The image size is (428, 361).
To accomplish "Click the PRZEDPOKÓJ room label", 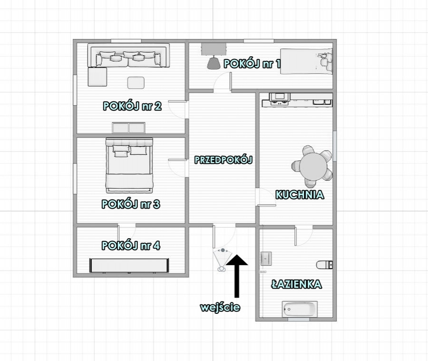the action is [224, 160].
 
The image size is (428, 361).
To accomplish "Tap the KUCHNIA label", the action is [300, 195].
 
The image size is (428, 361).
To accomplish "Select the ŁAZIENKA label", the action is [296, 284].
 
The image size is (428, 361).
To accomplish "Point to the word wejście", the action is [220, 307].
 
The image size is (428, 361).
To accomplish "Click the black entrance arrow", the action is [237, 276].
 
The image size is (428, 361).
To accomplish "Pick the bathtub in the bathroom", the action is [300, 310].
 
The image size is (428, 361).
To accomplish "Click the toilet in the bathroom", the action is [324, 264].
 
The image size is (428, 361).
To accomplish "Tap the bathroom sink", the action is [266, 259].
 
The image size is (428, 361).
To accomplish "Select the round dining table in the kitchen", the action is [313, 166].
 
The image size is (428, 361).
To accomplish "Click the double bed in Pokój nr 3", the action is [129, 165].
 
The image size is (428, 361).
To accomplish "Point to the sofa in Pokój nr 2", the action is [128, 55].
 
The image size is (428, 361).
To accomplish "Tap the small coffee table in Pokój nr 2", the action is [136, 82].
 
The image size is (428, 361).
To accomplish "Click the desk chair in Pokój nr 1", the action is [214, 63].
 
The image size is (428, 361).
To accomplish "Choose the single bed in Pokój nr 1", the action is [307, 61].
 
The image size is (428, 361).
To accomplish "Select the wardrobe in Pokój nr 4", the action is [129, 265].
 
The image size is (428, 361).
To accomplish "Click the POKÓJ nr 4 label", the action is [131, 245].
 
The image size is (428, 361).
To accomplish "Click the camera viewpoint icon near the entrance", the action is [223, 260].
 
